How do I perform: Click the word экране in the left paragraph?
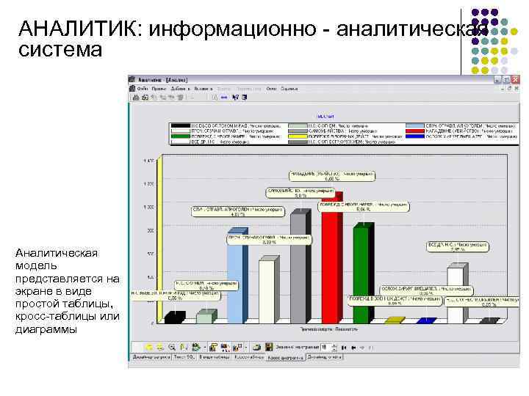coord(33,291)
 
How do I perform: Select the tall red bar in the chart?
coord(331,257)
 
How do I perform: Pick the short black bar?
coord(173,318)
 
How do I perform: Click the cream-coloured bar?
coord(265,290)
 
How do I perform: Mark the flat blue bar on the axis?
coord(425,320)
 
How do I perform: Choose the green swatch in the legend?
coord(177,136)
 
